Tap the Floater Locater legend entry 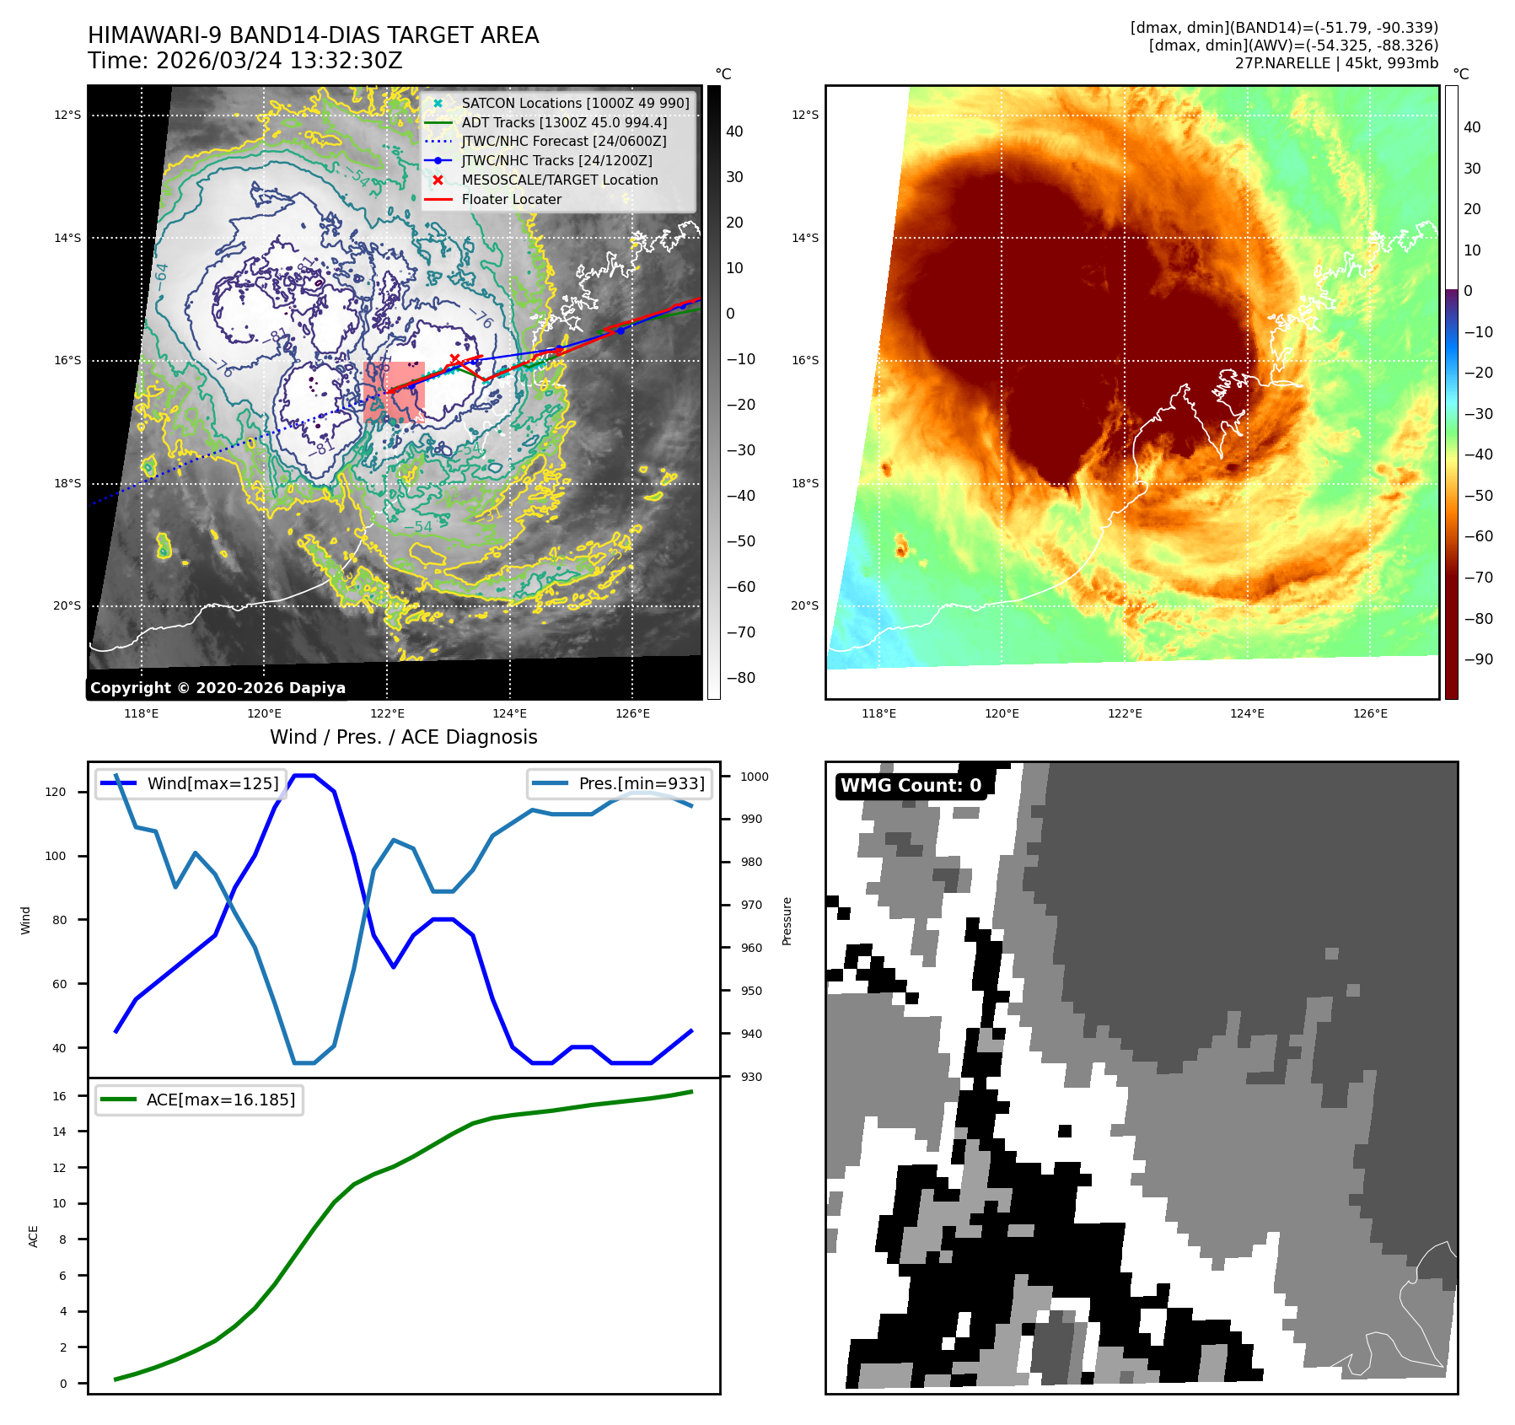(511, 199)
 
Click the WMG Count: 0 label (911, 785)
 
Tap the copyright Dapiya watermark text (218, 688)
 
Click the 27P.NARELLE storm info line (1336, 63)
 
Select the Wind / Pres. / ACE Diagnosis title (403, 737)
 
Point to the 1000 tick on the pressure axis (755, 777)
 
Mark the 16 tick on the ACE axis (59, 1096)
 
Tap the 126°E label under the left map (632, 713)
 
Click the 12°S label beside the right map (804, 115)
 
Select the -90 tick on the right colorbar (1478, 659)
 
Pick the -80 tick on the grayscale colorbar (741, 678)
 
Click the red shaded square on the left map (394, 391)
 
